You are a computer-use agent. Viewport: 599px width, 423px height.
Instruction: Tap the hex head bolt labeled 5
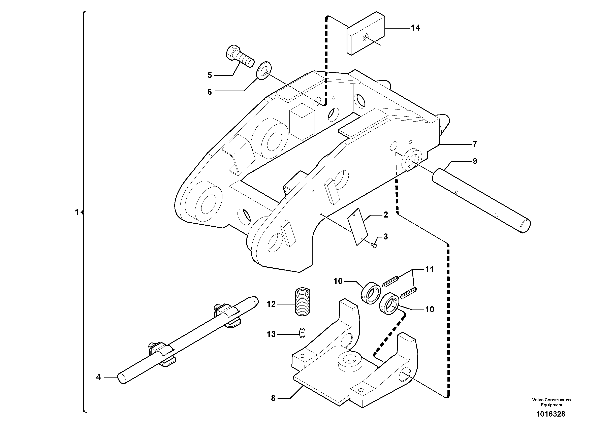click(x=239, y=56)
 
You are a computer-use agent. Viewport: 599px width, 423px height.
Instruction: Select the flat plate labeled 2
click(x=358, y=226)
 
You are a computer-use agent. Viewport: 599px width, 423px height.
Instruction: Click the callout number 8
click(x=273, y=398)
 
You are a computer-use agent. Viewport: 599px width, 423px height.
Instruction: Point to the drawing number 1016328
click(x=550, y=414)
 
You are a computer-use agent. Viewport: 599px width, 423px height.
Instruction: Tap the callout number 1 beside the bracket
click(x=77, y=212)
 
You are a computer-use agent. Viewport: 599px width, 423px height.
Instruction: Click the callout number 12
click(x=271, y=304)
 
